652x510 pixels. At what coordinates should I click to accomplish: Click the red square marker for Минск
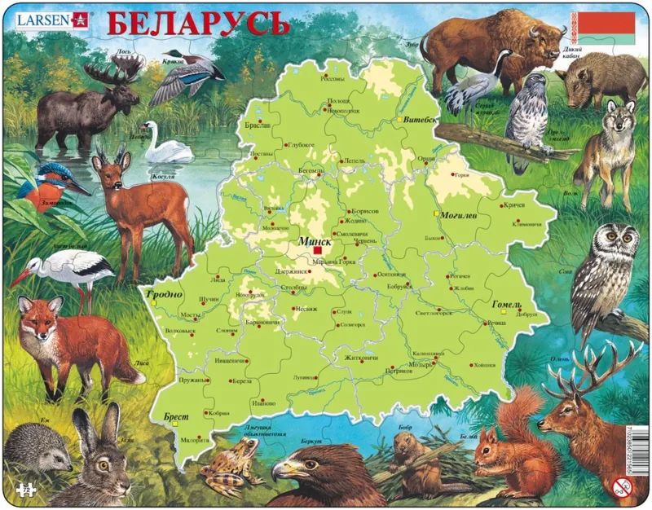click(316, 252)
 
